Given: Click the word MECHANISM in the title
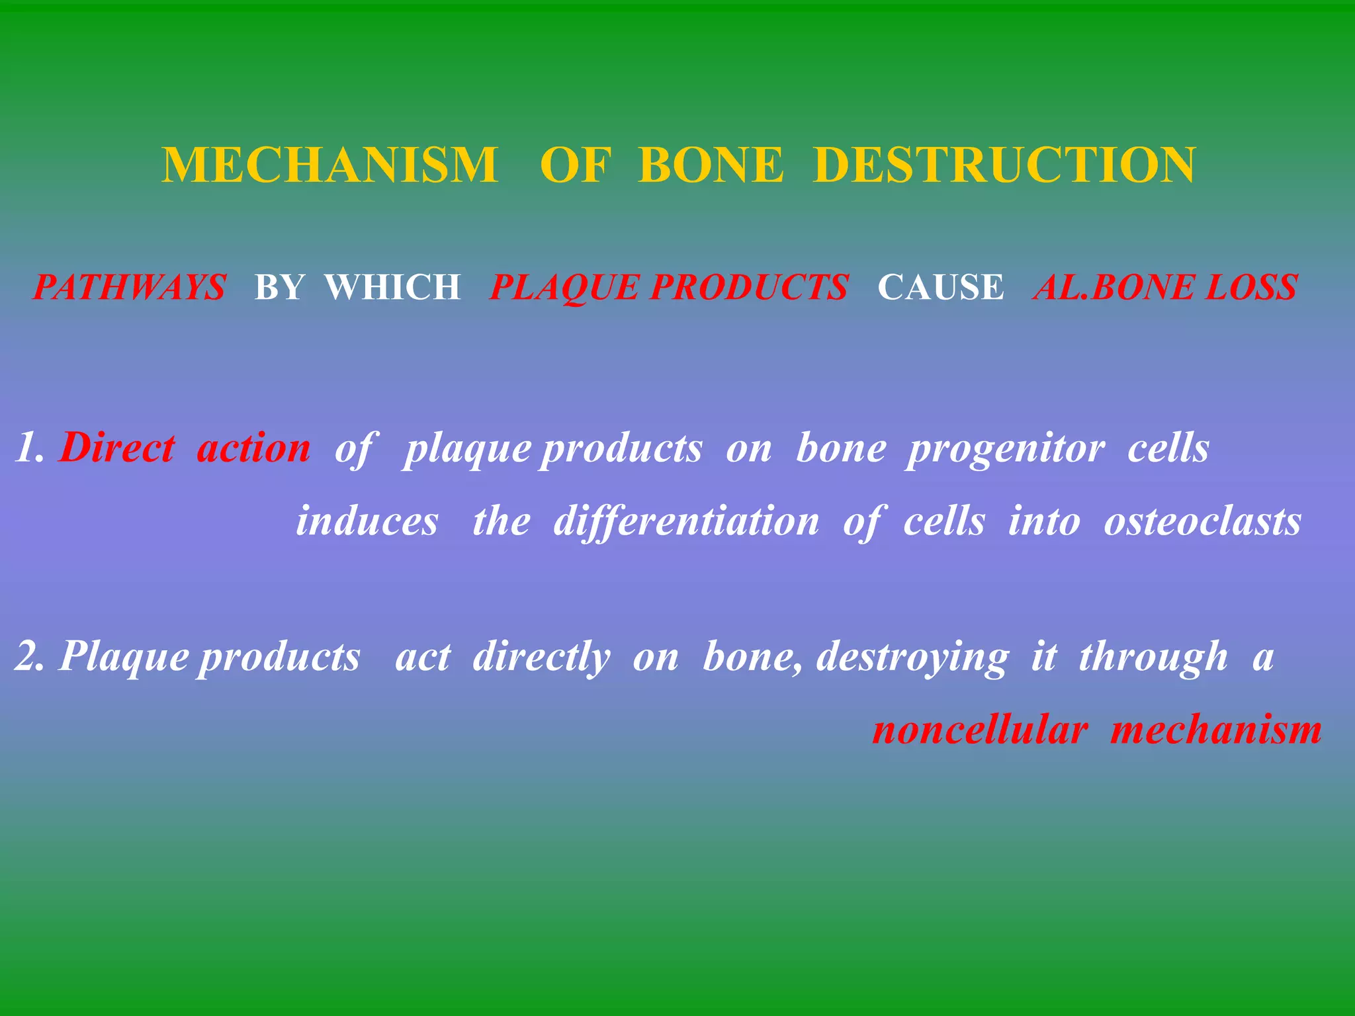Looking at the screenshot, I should (x=329, y=165).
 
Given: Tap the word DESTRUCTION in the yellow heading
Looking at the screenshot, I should (x=1004, y=165).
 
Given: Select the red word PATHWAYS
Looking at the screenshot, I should (x=130, y=288).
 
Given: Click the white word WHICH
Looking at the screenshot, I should (x=393, y=288).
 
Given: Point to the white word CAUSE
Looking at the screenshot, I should (x=940, y=288).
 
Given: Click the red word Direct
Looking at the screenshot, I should (x=116, y=448).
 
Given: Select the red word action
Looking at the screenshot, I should (x=253, y=448).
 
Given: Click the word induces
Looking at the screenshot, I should (x=367, y=521).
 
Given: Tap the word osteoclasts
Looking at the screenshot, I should (x=1202, y=521).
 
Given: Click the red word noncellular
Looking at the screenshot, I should (x=980, y=731).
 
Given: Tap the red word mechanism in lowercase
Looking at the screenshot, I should (x=1215, y=731).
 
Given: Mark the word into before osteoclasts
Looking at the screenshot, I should (x=1043, y=521).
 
